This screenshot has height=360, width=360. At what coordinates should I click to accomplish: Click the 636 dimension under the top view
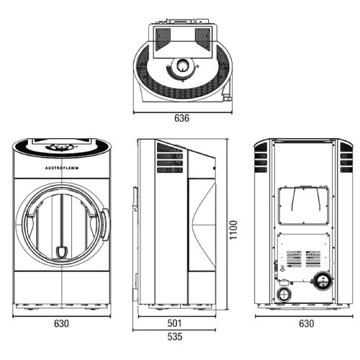[x=181, y=118]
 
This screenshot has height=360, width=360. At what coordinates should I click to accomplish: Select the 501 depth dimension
[x=174, y=323]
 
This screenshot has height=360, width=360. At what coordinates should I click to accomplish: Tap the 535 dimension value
[x=174, y=336]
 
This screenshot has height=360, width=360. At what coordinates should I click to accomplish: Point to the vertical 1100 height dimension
[x=233, y=230]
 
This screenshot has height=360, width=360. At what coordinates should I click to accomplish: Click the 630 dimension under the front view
[x=61, y=323]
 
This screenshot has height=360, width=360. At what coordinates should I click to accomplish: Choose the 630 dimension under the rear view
[x=306, y=323]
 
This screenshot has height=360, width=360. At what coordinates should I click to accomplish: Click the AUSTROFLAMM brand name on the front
[x=62, y=168]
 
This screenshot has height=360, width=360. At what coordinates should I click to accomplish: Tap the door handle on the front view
[x=106, y=225]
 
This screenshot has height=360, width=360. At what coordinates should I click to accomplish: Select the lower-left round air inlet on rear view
[x=284, y=294]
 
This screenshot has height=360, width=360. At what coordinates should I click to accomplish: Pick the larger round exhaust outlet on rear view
[x=323, y=280]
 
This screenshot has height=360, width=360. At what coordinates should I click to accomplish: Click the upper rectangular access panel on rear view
[x=304, y=206]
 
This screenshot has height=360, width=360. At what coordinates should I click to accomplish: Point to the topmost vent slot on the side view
[x=169, y=148]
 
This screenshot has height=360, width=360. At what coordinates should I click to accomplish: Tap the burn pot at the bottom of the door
[x=62, y=253]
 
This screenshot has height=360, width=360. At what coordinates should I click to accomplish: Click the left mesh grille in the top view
[x=163, y=39]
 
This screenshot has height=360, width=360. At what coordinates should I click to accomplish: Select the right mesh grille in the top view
[x=202, y=39]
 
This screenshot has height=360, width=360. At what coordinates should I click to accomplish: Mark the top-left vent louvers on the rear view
[x=261, y=158]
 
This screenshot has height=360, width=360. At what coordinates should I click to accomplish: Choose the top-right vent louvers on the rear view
[x=346, y=158]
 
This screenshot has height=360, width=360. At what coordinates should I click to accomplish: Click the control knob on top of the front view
[x=62, y=147]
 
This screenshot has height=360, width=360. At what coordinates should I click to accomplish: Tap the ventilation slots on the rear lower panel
[x=304, y=259]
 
